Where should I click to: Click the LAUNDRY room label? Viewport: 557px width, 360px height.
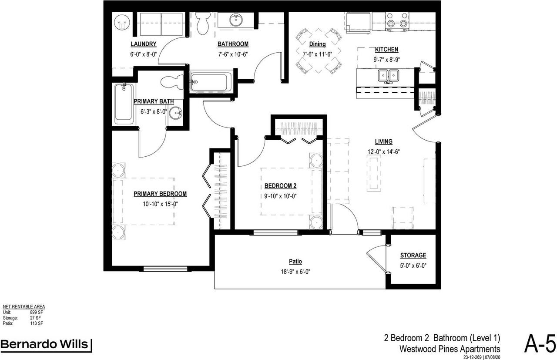(144, 44)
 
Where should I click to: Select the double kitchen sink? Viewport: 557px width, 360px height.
(388, 75)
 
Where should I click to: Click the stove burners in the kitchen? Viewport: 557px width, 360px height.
(397, 20)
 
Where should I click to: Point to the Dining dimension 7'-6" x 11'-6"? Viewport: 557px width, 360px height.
(317, 54)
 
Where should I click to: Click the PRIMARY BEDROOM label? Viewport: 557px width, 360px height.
(160, 194)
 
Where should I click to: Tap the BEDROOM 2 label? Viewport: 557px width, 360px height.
(280, 186)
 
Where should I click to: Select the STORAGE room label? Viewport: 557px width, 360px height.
(413, 255)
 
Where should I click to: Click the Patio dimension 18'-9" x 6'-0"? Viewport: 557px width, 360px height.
(295, 272)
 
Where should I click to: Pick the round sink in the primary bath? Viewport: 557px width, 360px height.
(176, 114)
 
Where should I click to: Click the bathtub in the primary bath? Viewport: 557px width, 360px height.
(124, 104)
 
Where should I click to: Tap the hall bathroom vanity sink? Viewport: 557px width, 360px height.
(236, 20)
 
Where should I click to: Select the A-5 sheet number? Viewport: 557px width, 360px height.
(540, 344)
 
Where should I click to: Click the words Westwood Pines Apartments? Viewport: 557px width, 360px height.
(450, 349)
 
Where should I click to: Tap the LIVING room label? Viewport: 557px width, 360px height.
(384, 141)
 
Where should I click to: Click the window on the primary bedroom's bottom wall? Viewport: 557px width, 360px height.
(165, 269)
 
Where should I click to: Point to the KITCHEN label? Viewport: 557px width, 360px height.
(386, 50)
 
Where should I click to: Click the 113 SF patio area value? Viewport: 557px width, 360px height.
(37, 323)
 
